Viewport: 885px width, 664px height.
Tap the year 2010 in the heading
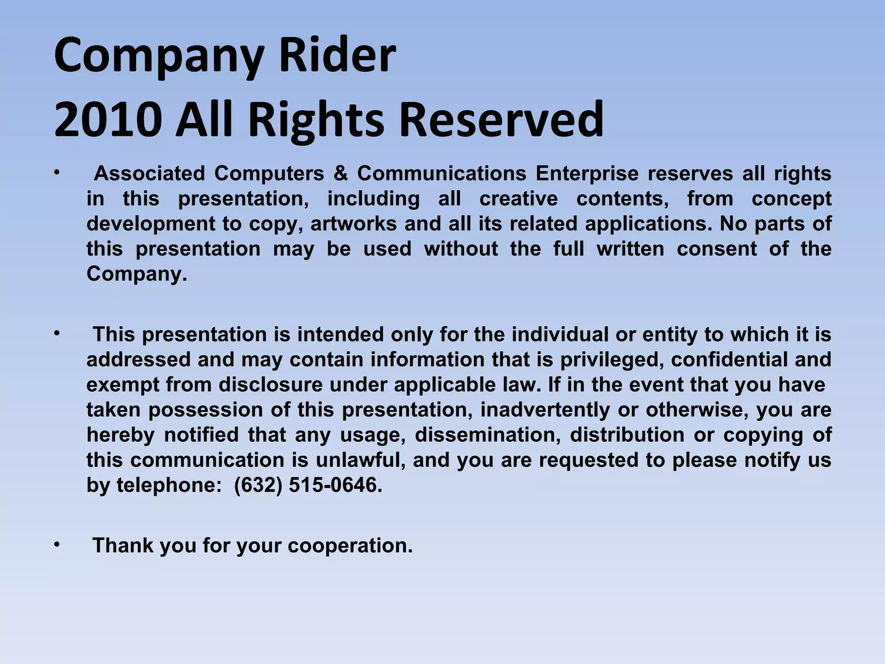coord(108,120)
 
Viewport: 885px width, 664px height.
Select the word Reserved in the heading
coord(501,120)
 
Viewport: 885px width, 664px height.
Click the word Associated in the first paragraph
coord(150,174)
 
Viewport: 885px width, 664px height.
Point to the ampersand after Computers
coord(341,174)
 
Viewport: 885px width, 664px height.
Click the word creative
coord(519,199)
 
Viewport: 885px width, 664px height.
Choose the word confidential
coord(729,360)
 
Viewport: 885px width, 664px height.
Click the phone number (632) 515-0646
coord(308,485)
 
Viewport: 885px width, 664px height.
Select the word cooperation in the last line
coord(350,546)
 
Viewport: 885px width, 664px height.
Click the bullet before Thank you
coord(57,545)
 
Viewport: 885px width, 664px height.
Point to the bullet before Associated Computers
coord(57,173)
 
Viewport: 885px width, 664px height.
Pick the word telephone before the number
coord(169,485)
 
